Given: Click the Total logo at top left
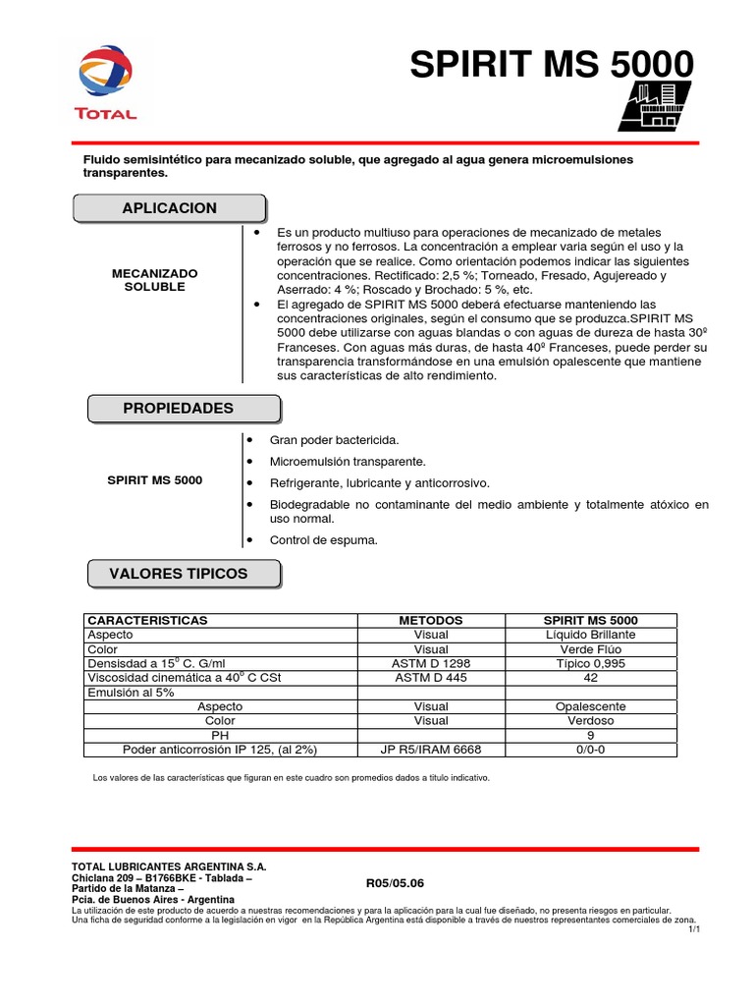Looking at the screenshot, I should click(106, 84).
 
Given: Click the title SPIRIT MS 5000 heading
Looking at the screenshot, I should click(551, 66).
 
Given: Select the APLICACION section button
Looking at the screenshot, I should click(169, 208).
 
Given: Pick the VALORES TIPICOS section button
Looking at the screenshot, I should click(185, 573).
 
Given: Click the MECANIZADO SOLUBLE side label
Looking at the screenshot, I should click(155, 279).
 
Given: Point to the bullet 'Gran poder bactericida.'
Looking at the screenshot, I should click(335, 440).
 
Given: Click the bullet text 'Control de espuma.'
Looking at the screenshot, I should click(324, 539).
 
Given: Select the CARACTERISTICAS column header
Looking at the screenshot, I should click(148, 621).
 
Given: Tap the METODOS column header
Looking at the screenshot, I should click(431, 621).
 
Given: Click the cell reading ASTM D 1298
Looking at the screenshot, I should click(431, 663).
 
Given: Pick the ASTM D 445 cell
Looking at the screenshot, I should click(431, 678).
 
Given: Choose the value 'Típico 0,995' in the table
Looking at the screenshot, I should click(591, 663).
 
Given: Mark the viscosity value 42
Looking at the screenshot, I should click(591, 678).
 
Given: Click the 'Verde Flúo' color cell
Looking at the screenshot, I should click(591, 649).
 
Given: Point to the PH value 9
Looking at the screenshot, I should click(591, 735).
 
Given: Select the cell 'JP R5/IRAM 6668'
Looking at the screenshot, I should click(431, 750).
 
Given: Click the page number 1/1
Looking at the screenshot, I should click(693, 928).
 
